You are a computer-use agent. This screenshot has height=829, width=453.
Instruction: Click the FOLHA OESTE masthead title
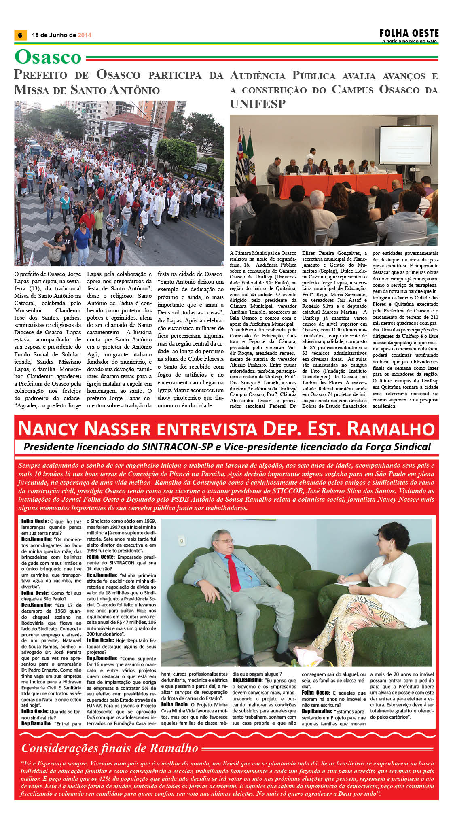pyautogui.click(x=409, y=33)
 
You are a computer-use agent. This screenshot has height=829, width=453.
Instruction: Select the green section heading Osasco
pyautogui.click(x=48, y=57)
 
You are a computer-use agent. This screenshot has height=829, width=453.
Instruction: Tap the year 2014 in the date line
pyautogui.click(x=85, y=35)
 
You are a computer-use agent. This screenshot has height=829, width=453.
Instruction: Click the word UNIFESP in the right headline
pyautogui.click(x=258, y=104)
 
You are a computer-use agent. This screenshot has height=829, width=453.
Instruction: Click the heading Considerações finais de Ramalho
pyautogui.click(x=110, y=748)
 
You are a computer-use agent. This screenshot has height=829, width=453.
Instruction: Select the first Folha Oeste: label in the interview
pyautogui.click(x=35, y=522)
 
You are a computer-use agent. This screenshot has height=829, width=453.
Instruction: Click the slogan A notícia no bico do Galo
pyautogui.click(x=409, y=41)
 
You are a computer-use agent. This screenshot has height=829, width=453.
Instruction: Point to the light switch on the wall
pyautogui.click(x=182, y=541)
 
